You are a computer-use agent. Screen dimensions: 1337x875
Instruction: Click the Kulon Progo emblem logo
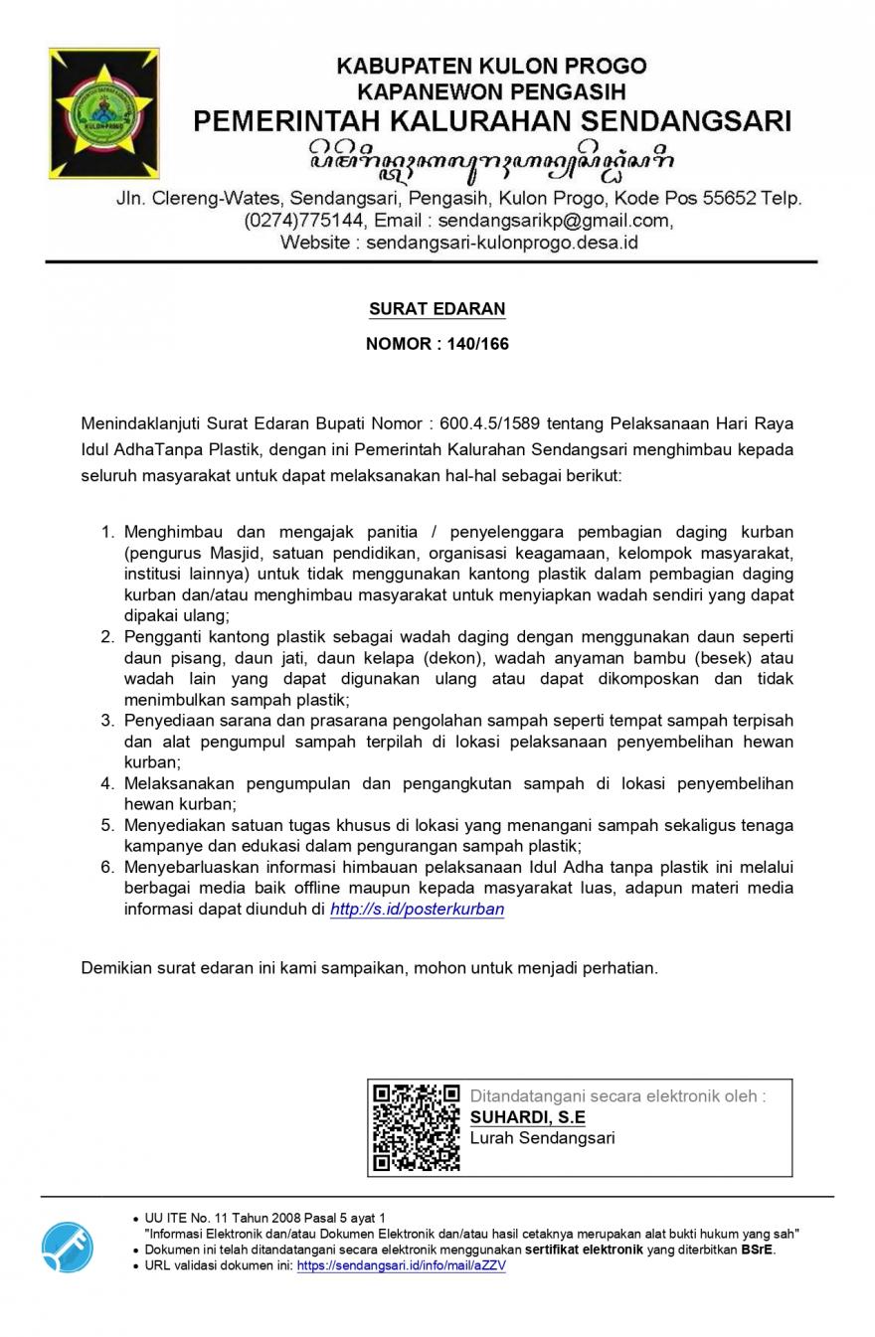click(x=103, y=112)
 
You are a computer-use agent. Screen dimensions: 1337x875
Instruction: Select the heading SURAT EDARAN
click(x=437, y=308)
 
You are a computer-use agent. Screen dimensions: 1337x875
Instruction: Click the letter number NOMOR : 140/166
click(x=437, y=344)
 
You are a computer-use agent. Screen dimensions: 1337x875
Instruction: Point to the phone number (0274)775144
click(x=303, y=220)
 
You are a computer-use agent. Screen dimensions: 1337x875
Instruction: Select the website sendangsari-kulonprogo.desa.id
click(x=502, y=242)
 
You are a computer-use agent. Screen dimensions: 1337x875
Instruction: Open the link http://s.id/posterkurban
click(x=417, y=909)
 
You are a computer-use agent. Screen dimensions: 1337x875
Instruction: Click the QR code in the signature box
click(x=416, y=1127)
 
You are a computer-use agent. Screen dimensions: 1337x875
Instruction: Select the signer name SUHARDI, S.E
click(x=527, y=1117)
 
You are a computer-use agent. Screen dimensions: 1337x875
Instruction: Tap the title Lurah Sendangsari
click(x=542, y=1137)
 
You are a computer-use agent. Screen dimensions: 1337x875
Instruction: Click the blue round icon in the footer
click(x=68, y=1247)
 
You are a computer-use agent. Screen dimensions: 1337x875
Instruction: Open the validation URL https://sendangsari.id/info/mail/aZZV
click(x=401, y=1265)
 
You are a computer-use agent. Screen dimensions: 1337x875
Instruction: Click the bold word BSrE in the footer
click(x=757, y=1250)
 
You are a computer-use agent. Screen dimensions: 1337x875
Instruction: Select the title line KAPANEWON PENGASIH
click(x=491, y=92)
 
